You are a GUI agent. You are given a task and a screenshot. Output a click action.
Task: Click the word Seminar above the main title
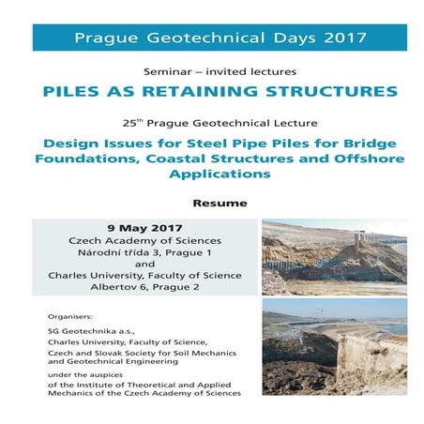170,72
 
